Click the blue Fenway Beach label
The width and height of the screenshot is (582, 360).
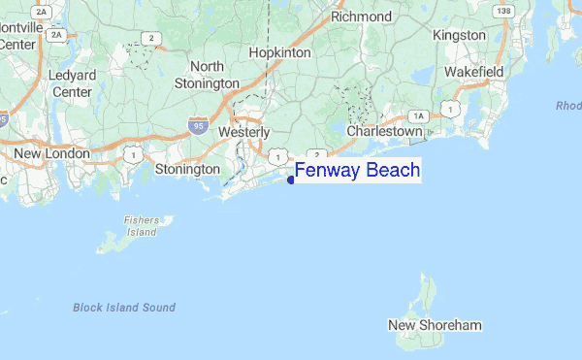click(357, 171)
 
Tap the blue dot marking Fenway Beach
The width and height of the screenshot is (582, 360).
click(291, 180)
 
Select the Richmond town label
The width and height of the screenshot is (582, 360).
click(361, 16)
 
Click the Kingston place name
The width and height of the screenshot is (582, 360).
click(459, 35)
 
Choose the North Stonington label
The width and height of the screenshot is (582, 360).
click(207, 75)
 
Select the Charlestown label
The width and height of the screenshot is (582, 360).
click(385, 131)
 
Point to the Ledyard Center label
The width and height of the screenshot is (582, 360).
click(72, 83)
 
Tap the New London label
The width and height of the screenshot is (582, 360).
click(51, 153)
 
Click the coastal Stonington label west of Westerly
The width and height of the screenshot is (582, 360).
click(187, 169)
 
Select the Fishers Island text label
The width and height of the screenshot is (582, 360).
click(141, 226)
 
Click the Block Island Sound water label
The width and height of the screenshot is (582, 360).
click(124, 308)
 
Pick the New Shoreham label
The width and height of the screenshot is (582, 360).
click(435, 325)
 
